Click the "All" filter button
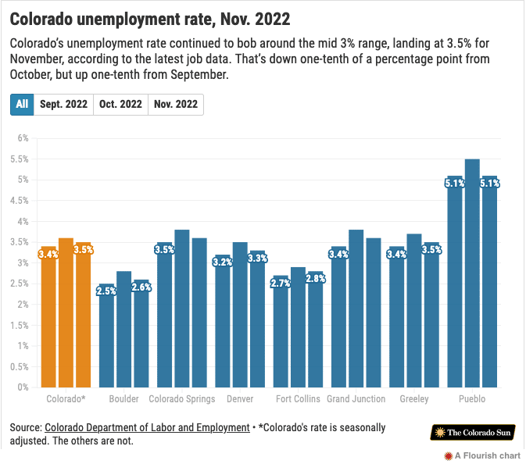point(22,105)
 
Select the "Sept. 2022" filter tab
point(63,105)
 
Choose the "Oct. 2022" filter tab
point(120,105)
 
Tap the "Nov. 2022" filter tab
point(176,105)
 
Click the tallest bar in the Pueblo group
point(472,273)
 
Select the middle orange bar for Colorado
point(66,312)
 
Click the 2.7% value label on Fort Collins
point(281,283)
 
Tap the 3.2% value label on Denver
point(222,262)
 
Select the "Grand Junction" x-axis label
point(356,399)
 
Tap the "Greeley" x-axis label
point(413,399)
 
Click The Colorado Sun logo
point(473,433)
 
